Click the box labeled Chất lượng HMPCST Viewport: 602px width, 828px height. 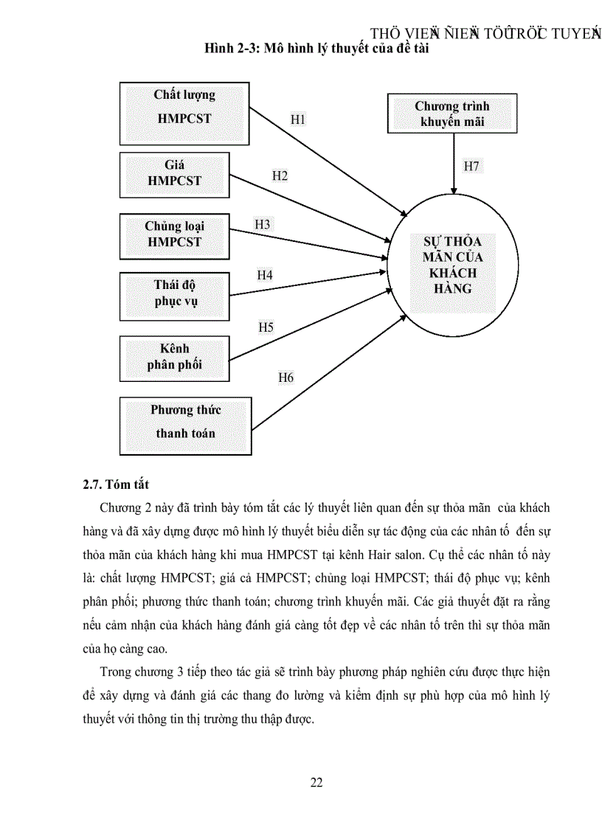[184, 114]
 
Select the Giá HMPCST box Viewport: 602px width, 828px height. [174, 173]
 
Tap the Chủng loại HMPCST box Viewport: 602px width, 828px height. [174, 234]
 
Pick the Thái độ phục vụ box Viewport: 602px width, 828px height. [175, 293]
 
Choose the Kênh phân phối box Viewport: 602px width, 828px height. [174, 356]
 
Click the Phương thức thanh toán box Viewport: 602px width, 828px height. [185, 425]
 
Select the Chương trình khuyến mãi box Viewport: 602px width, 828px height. [451, 114]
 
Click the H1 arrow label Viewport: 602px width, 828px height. [297, 119]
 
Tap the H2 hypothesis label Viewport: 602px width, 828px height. [280, 175]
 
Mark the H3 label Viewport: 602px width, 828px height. [263, 223]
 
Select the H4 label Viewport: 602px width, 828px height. [265, 275]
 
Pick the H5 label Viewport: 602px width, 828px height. [266, 327]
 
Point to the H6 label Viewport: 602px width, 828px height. [286, 378]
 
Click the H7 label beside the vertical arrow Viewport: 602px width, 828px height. [471, 166]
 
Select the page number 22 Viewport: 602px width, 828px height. [316, 783]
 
